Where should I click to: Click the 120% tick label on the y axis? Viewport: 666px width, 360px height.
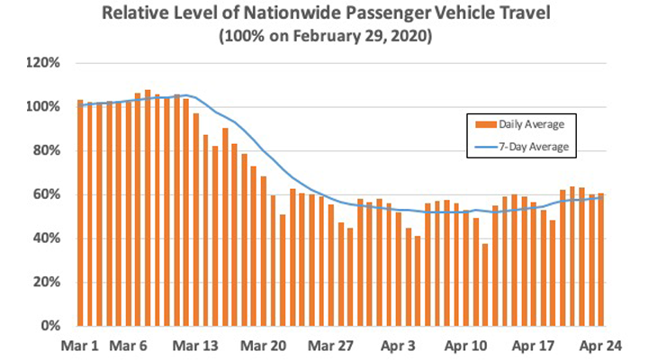point(42,63)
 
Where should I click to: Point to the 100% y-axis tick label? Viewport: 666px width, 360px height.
point(42,107)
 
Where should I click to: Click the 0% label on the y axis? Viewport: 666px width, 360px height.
point(49,326)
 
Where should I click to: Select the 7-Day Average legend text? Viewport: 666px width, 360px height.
point(536,146)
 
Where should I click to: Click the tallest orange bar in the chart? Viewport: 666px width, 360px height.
point(148,208)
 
